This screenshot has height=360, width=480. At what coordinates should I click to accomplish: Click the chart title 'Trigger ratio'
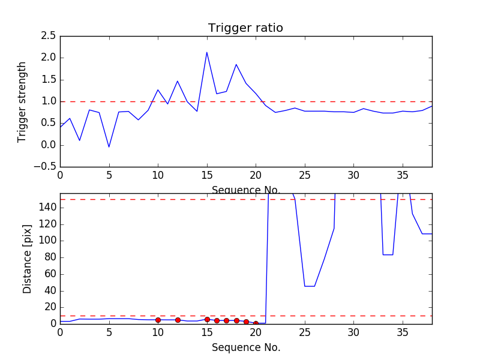245,28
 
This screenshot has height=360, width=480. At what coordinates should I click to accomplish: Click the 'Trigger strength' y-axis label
22,101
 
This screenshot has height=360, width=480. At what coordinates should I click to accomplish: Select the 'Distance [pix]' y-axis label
28,258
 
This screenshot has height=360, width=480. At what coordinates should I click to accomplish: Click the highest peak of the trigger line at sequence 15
207,52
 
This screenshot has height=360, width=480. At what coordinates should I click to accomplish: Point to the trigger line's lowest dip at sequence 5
109,147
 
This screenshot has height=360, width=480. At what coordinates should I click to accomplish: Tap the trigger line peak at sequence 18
236,64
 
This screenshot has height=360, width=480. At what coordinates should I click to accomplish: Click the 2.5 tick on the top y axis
48,36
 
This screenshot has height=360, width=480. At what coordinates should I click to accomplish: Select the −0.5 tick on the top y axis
44,167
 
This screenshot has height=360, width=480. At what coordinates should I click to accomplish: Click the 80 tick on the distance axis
49,257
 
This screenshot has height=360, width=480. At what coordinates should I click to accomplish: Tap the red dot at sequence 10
158,320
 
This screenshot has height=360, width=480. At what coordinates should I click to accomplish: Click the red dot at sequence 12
178,320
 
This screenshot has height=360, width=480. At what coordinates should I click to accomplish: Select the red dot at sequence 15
207,319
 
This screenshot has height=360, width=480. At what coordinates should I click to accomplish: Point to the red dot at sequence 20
256,323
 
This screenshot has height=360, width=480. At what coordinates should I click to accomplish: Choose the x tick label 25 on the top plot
305,175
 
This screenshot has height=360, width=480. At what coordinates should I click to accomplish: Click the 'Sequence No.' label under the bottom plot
246,347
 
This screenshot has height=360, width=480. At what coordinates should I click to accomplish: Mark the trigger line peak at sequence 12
178,81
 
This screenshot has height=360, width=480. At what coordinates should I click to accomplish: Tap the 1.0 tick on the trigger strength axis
48,101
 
